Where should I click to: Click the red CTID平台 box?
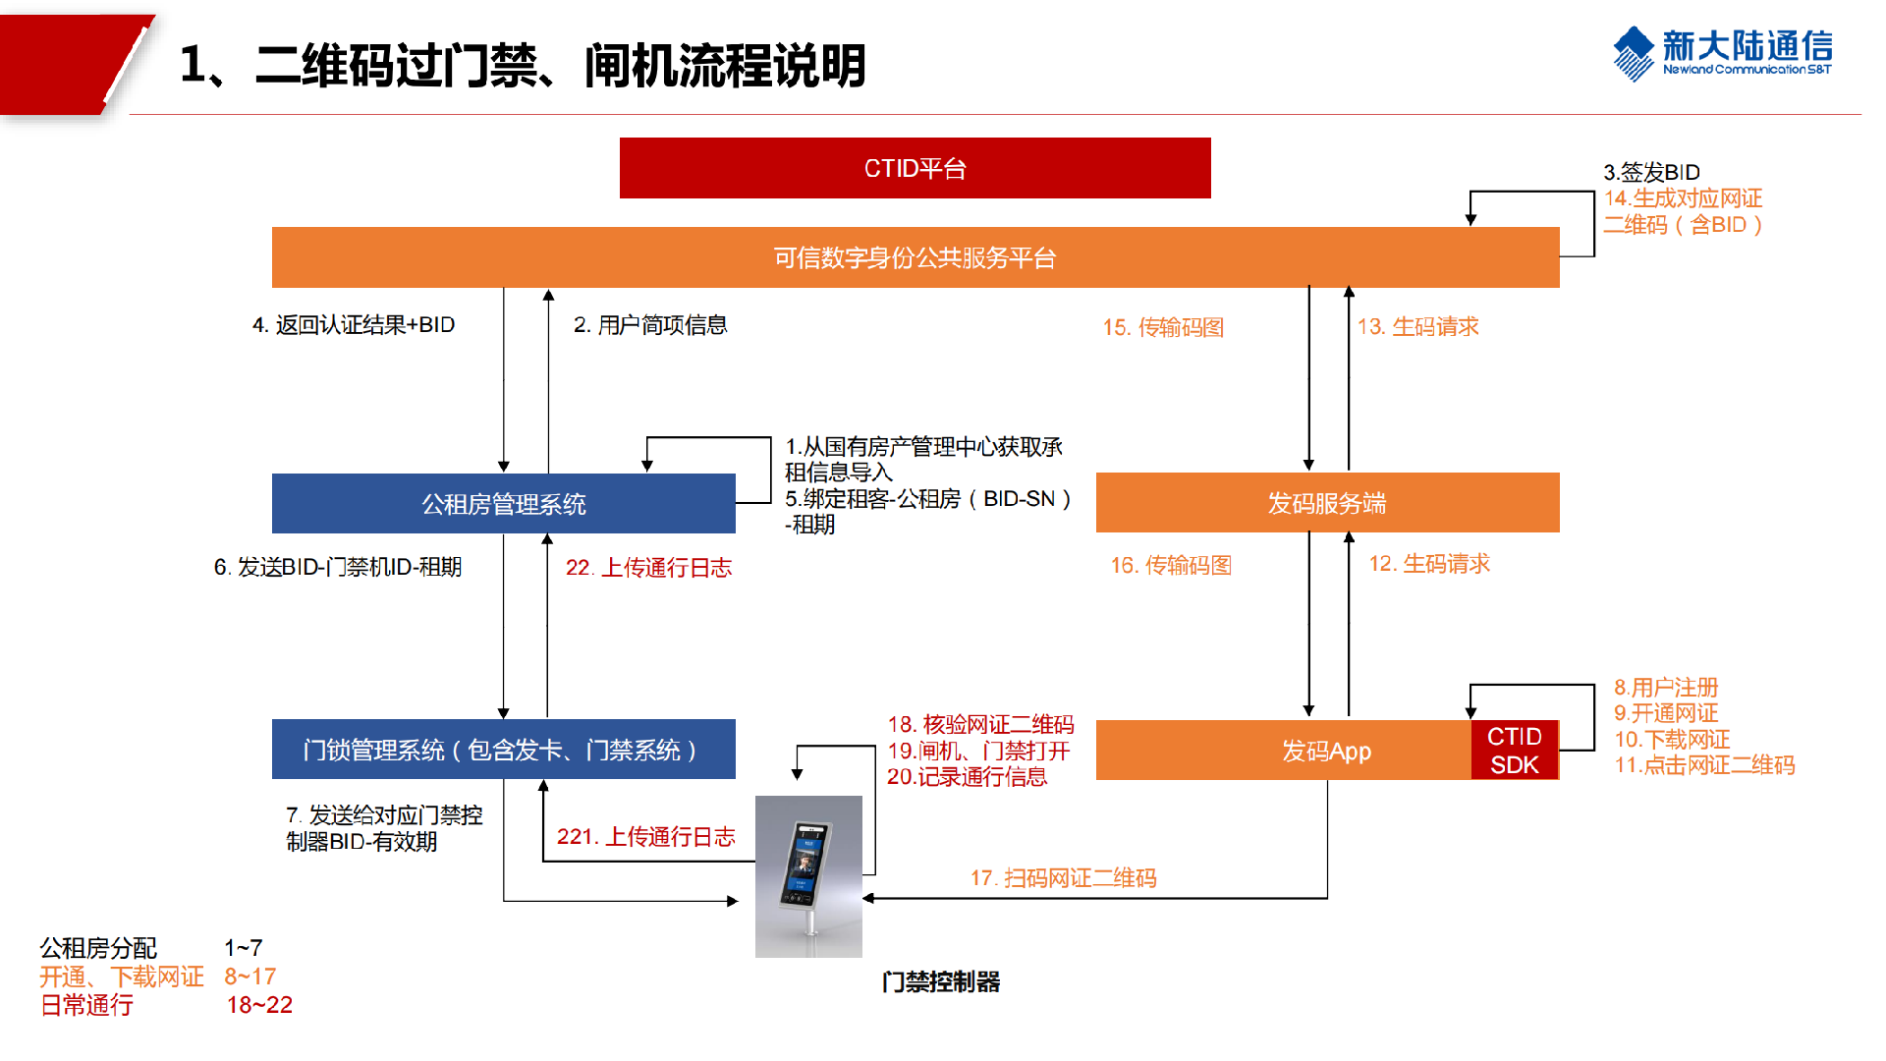pos(915,168)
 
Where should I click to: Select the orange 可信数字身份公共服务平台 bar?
pos(915,257)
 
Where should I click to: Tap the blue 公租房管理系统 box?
pos(503,504)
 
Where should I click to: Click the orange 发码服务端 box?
pos(1327,503)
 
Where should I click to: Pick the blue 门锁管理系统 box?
pos(503,750)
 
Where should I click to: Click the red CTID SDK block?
pos(1514,751)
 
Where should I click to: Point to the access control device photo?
pos(808,876)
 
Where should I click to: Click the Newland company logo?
pos(1722,53)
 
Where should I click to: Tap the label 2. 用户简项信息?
pos(650,325)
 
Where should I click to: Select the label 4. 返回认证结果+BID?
pos(354,325)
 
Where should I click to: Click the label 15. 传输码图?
pos(1163,327)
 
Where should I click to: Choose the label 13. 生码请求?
pos(1417,326)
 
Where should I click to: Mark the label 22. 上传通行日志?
pos(648,568)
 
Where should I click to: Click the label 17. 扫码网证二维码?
pos(1063,877)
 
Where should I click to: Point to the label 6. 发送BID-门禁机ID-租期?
pos(338,567)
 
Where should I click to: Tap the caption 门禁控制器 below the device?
pos(940,981)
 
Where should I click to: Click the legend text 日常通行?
pos(86,1005)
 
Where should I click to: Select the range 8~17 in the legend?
pos(250,977)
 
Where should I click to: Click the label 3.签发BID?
pos(1651,172)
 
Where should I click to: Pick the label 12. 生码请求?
pos(1429,564)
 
